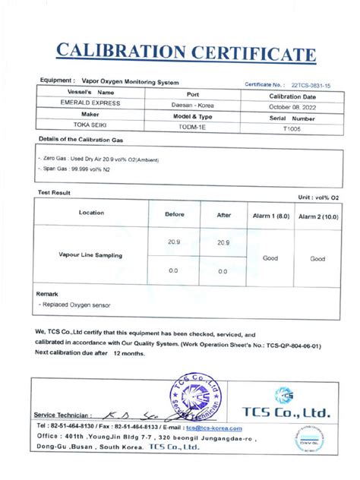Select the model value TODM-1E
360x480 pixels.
pos(187,128)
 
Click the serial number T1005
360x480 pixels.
pos(292,129)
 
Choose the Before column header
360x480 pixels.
pos(174,215)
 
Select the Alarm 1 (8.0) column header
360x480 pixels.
pos(271,216)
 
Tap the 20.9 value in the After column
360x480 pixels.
pos(223,242)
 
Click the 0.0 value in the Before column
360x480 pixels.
pos(174,270)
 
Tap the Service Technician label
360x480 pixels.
pos(64,415)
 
